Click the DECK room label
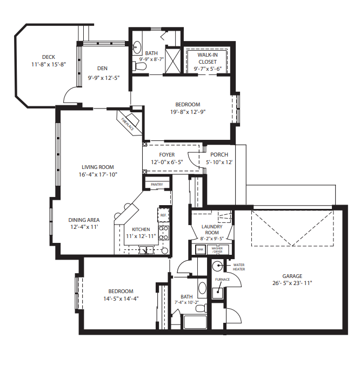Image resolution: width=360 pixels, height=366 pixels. tap(48, 57)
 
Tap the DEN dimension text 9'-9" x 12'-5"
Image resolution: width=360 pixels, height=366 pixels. tap(103, 78)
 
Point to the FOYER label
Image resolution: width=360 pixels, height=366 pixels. tap(166, 155)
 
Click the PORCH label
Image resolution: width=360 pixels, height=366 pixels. tap(219, 155)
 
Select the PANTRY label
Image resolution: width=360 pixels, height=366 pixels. tap(157, 185)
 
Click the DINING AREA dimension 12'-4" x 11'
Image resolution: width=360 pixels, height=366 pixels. tap(84, 228)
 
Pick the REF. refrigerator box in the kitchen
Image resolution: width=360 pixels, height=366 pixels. tap(163, 214)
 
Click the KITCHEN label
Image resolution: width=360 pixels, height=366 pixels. tap(141, 229)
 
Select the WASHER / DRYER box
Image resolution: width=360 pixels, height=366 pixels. tap(217, 250)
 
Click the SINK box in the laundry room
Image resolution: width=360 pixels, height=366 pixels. tap(200, 250)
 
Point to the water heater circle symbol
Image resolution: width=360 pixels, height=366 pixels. tap(217, 266)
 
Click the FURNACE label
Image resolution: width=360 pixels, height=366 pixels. tap(223, 279)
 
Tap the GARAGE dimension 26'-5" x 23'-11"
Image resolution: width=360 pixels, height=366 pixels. tap(292, 283)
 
